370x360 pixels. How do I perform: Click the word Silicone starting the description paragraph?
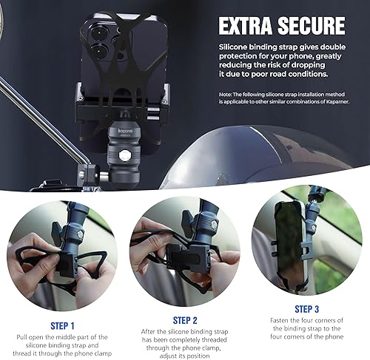point(237,46)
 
